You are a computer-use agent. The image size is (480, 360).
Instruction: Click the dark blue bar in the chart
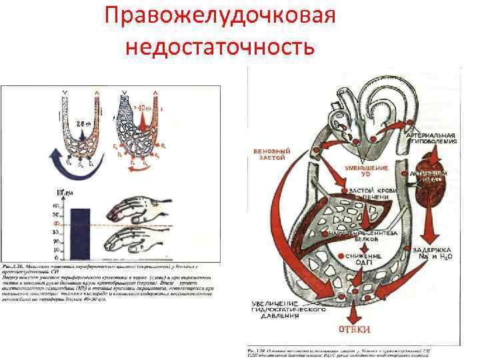point(80,233)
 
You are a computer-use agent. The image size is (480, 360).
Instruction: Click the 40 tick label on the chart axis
point(63,225)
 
